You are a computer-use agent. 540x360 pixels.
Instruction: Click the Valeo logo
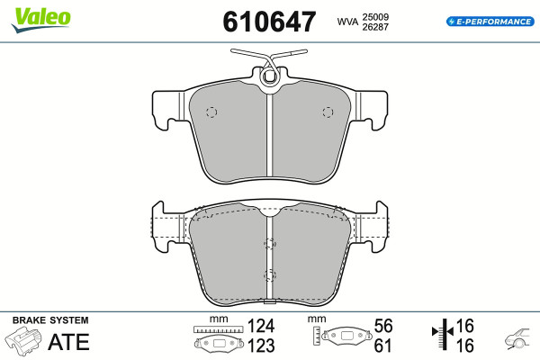click(40, 20)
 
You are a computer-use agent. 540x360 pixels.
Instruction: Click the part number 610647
click(269, 22)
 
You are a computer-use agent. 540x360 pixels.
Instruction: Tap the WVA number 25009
click(375, 17)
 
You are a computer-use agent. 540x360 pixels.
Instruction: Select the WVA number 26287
click(375, 27)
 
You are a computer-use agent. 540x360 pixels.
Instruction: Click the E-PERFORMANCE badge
click(490, 22)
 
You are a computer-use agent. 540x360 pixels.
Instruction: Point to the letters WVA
click(347, 22)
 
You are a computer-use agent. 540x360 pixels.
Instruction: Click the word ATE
click(69, 342)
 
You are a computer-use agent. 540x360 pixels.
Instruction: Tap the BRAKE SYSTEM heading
click(50, 320)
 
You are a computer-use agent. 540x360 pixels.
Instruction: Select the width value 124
click(261, 326)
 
